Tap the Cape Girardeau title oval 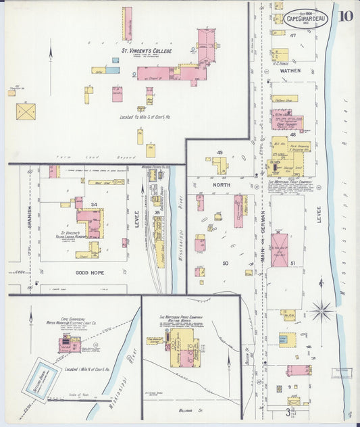(x=305, y=19)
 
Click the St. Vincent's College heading (x=147, y=51)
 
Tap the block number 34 (x=94, y=204)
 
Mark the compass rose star (x=322, y=311)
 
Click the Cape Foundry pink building (x=287, y=122)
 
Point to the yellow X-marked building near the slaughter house (x=27, y=112)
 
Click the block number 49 (x=220, y=153)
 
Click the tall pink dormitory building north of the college (x=127, y=24)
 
